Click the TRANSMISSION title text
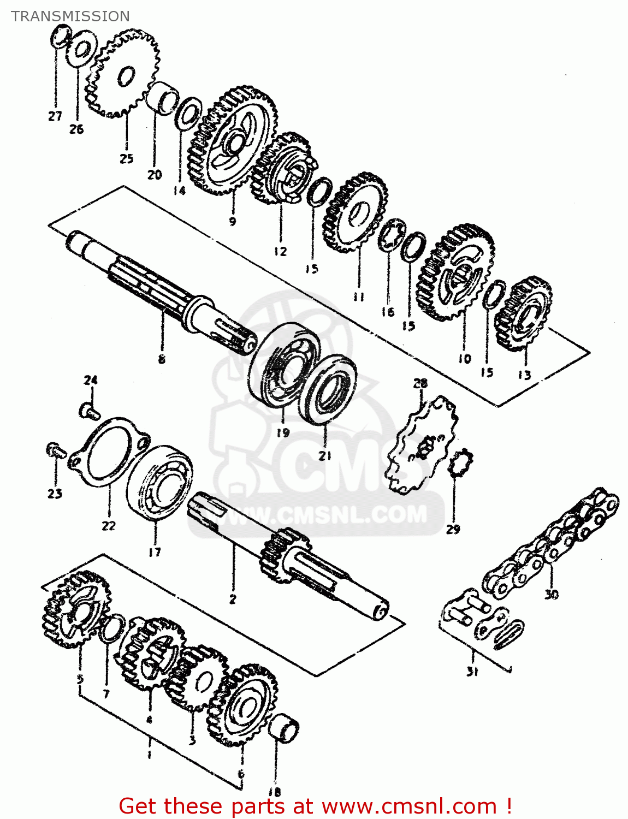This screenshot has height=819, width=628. click(x=70, y=16)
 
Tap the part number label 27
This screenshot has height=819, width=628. click(x=55, y=116)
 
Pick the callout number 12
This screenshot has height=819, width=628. click(x=280, y=252)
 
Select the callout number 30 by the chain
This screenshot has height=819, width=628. click(x=552, y=594)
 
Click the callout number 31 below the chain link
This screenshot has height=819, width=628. click(x=472, y=672)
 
